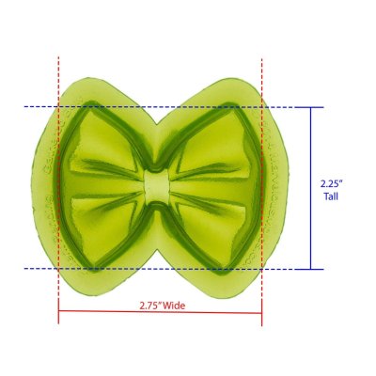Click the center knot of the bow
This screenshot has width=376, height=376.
click(159, 185)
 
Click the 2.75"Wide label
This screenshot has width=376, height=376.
click(162, 305)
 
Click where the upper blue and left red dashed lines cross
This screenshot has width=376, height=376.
click(58, 107)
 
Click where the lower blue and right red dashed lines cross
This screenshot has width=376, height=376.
click(261, 269)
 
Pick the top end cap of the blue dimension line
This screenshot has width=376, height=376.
click(311, 107)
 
